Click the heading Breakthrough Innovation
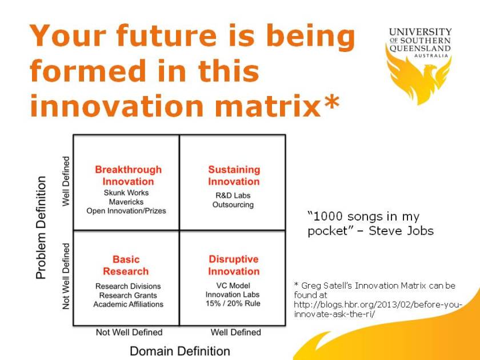click(128, 175)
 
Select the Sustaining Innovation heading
click(233, 175)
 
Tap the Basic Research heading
click(126, 265)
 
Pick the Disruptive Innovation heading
click(233, 265)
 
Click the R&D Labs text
click(233, 195)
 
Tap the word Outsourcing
click(233, 205)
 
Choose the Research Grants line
click(128, 295)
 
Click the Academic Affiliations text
click(128, 305)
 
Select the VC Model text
click(233, 286)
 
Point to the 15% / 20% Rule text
click(233, 303)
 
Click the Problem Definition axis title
click(41, 227)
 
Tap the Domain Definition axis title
click(180, 351)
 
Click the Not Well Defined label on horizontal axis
click(129, 332)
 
